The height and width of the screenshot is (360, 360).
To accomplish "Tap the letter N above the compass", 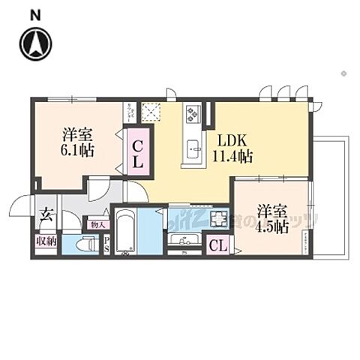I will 34,14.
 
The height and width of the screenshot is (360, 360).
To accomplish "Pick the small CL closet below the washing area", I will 218,244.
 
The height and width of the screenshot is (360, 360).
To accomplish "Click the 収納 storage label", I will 46,242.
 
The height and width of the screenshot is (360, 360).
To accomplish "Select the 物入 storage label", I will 97,223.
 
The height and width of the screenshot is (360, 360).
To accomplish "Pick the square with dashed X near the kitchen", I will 152,112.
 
